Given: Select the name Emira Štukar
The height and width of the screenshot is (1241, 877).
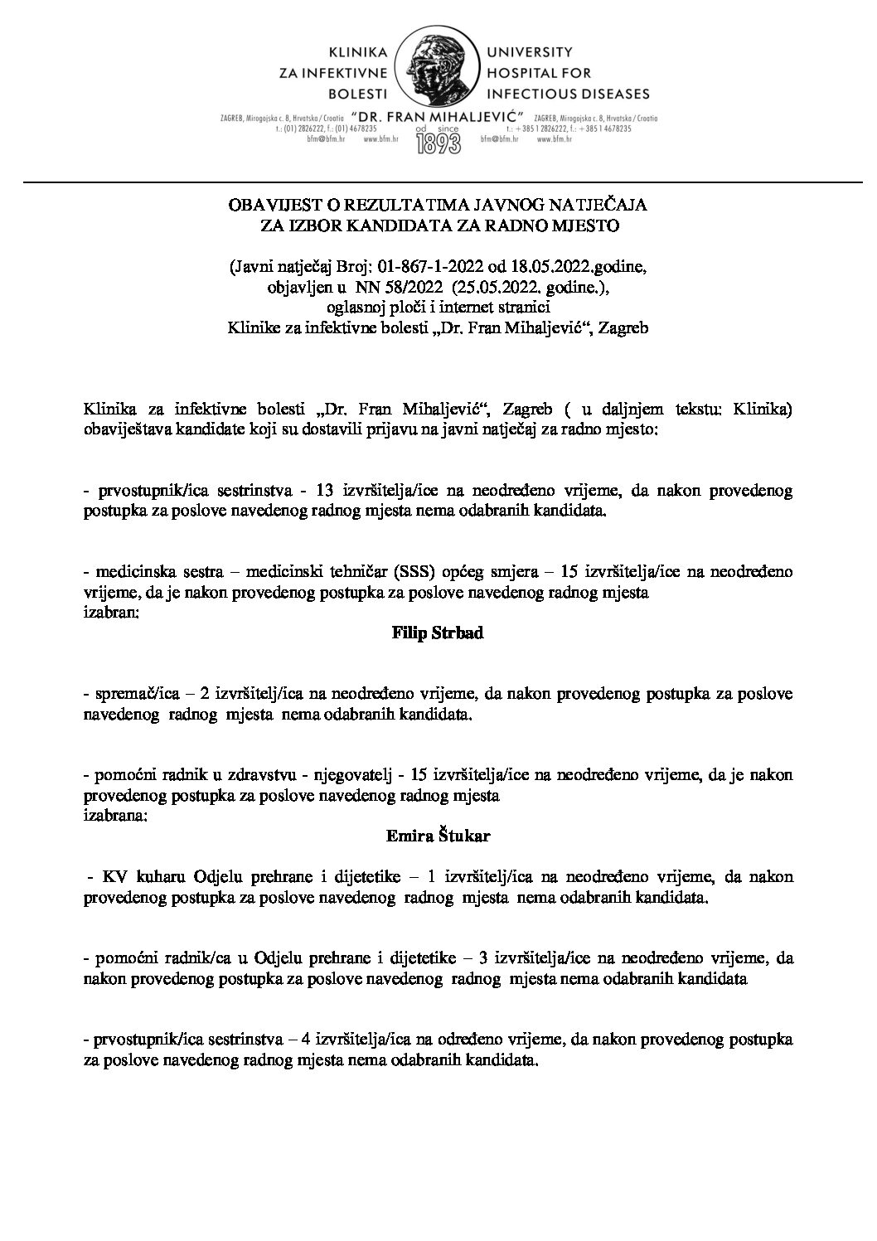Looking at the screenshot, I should (438, 836).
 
